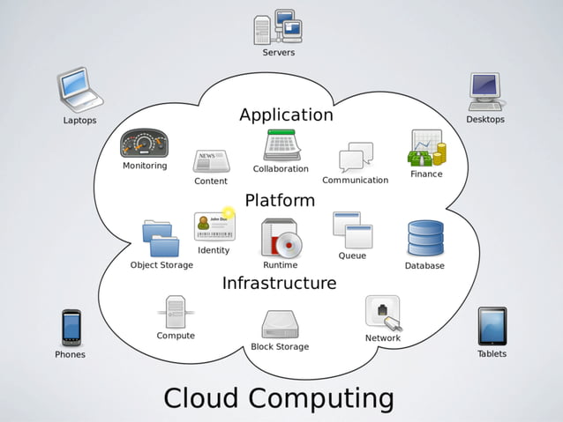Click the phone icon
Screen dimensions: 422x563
click(x=71, y=327)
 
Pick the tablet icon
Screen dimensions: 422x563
click(x=492, y=326)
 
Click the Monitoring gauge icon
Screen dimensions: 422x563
click(x=144, y=144)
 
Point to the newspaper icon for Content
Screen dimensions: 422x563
click(x=211, y=161)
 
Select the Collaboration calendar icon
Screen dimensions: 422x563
click(x=281, y=145)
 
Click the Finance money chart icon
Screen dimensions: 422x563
click(x=426, y=148)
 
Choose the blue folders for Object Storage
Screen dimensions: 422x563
click(x=161, y=238)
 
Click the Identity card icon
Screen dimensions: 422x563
click(x=214, y=226)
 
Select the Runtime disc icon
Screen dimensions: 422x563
click(x=281, y=239)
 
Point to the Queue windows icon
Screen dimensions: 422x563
click(x=352, y=230)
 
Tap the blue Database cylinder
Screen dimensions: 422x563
click(x=424, y=239)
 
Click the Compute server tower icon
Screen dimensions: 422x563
click(x=175, y=312)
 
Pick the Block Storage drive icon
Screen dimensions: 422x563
click(x=280, y=324)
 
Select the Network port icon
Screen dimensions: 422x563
click(x=383, y=313)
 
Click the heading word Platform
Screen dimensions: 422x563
click(x=280, y=200)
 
